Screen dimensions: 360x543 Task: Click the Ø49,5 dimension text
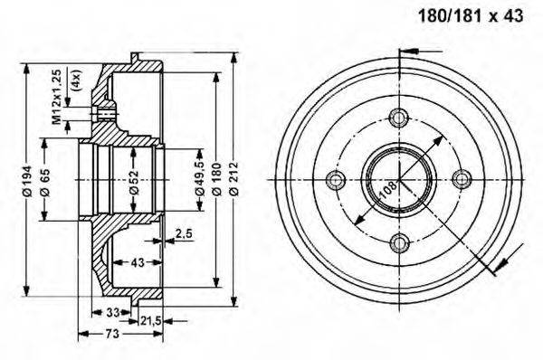point(198,182)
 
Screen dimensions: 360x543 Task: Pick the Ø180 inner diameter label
point(215,182)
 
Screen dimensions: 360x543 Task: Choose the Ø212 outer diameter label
point(234,182)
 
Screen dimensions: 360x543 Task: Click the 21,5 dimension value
point(151,321)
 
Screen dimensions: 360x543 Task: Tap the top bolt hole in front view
point(397,117)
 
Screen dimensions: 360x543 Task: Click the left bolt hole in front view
point(336,179)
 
